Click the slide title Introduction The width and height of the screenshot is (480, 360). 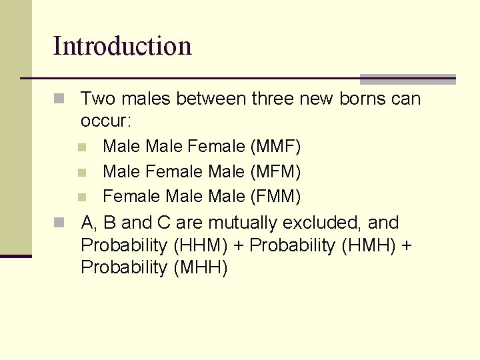tap(122, 46)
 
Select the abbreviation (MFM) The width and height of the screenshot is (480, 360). tap(275, 172)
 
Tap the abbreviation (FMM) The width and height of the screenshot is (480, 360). tap(275, 197)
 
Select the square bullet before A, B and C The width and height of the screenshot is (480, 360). tap(59, 223)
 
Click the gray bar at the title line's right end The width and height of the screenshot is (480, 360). tap(407, 79)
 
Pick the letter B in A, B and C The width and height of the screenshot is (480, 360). tap(109, 223)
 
